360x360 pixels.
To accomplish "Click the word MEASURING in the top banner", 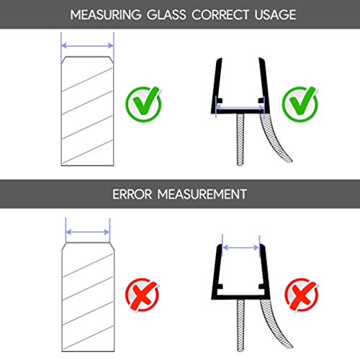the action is click(106, 15).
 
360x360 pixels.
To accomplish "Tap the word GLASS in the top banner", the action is click(166, 15).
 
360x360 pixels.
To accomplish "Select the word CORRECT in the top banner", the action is click(220, 15).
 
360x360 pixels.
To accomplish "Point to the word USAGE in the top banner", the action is click(275, 15).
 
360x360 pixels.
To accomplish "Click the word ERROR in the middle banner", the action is click(132, 194).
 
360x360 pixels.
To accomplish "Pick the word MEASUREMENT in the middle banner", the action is click(202, 194).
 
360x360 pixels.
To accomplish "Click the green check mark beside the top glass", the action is click(143, 104).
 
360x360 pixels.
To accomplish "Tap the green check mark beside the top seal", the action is click(300, 104).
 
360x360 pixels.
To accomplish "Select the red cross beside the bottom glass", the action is click(142, 294).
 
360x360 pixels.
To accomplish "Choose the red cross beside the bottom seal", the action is click(302, 294).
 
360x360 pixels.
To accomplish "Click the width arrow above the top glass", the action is click(87, 45).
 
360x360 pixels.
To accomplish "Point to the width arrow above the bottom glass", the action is click(88, 232).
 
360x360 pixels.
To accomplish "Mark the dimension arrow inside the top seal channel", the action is click(240, 107).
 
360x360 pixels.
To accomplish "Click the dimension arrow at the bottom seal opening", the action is click(240, 248).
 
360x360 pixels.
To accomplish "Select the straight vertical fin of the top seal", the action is click(240, 140).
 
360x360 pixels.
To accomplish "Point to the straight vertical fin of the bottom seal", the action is click(240, 325).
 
